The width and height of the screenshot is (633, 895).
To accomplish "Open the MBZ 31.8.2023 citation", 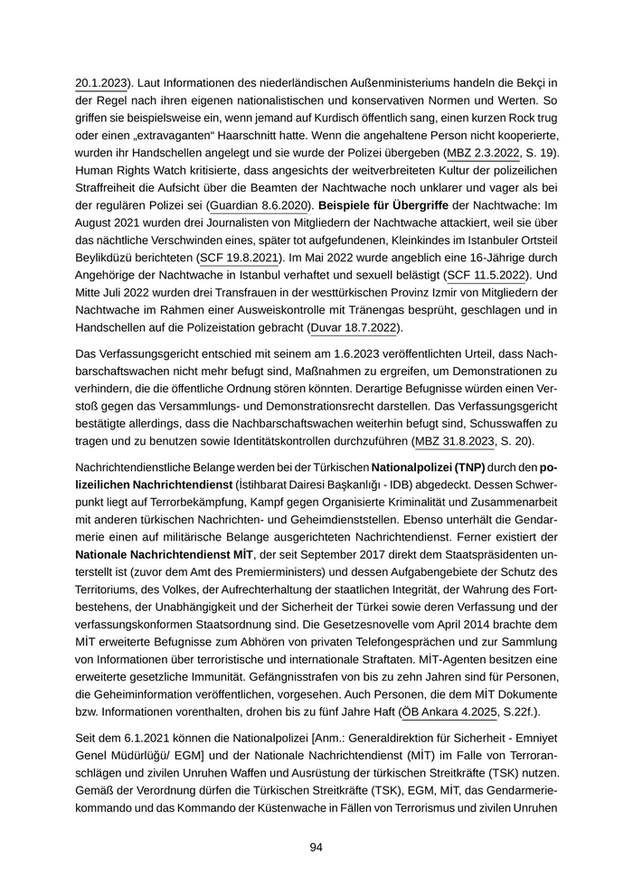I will click(454, 441).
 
